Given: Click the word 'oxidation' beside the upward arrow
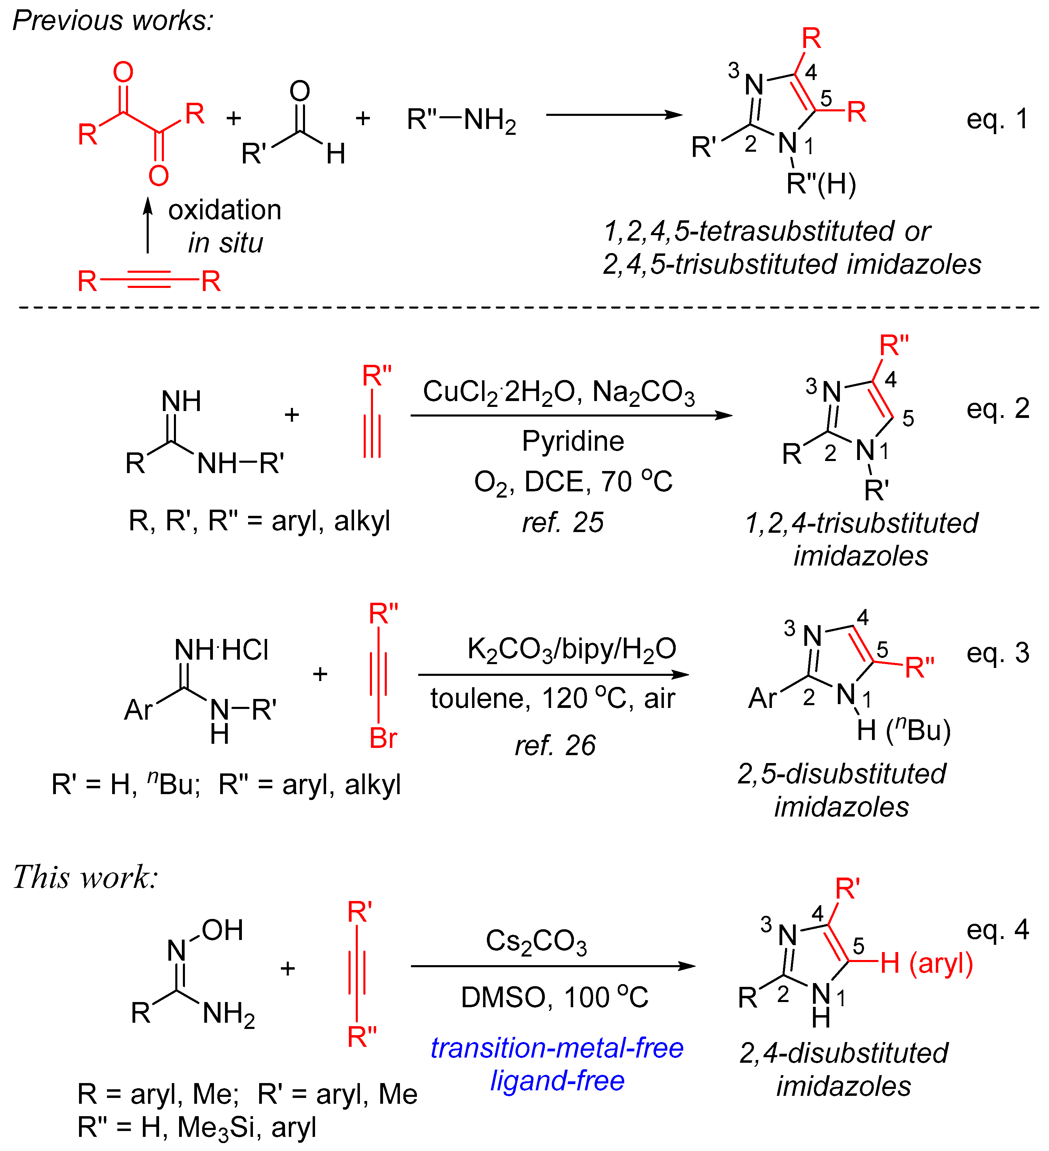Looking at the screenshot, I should [x=225, y=210].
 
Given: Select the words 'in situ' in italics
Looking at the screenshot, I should [x=226, y=243].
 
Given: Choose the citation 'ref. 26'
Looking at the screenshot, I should [x=555, y=745].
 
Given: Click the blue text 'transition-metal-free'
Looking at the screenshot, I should [x=557, y=1048].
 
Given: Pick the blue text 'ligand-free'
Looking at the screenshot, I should [x=557, y=1081].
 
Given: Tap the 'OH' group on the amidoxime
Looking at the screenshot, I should [x=222, y=930].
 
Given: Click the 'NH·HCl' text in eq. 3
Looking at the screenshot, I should [x=221, y=650].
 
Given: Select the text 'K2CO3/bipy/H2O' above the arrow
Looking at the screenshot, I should [x=571, y=649].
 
